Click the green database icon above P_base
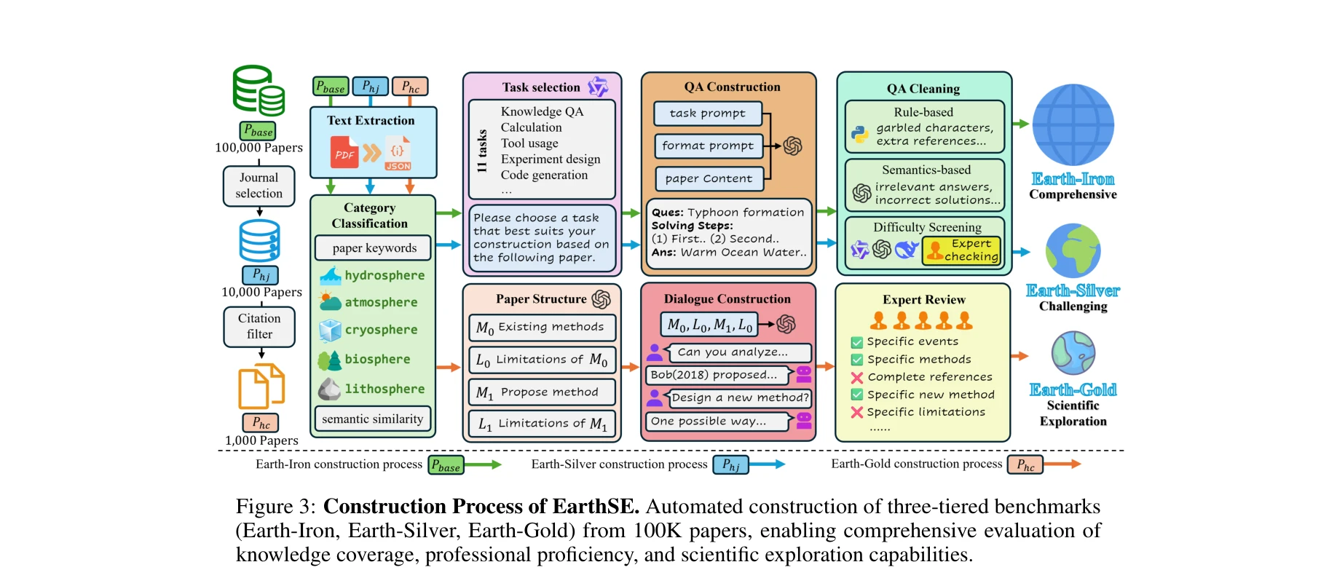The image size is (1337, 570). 259,91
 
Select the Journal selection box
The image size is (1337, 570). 259,186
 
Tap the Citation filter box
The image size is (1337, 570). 259,326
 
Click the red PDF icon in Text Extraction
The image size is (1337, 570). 344,154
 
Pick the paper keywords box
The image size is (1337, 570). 374,248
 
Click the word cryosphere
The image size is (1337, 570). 381,330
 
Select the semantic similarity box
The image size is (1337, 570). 372,419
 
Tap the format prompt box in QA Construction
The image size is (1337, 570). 708,146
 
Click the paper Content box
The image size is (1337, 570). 709,178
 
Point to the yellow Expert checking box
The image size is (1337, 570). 962,250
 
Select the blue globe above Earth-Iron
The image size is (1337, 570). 1073,124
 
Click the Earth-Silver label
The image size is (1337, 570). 1073,290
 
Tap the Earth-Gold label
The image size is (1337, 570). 1073,390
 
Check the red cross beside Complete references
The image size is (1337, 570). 857,377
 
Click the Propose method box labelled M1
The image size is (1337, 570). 541,392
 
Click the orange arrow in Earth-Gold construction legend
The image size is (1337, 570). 1063,464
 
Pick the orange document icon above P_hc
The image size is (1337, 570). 261,387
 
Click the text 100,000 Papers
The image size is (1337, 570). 259,148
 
